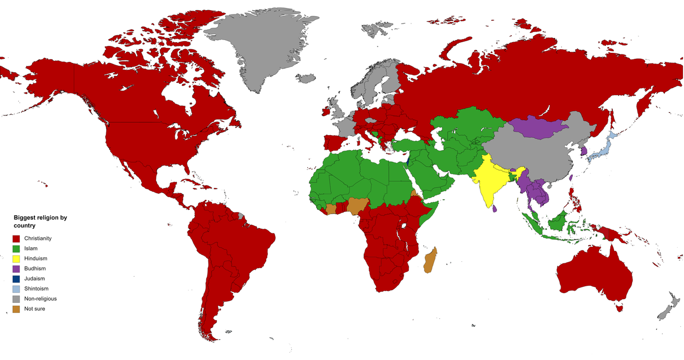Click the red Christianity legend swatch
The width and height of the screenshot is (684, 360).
pos(16,239)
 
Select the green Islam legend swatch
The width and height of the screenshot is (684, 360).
pos(16,249)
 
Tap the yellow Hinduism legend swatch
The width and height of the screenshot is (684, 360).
pos(16,259)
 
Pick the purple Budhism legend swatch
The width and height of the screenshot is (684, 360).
pos(16,269)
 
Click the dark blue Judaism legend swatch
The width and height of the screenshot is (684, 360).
pos(16,279)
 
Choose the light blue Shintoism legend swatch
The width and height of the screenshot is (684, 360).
pos(16,289)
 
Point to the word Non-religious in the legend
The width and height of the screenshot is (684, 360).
pos(40,299)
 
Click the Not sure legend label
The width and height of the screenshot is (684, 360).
pos(35,309)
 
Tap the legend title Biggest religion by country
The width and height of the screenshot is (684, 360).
pos(40,222)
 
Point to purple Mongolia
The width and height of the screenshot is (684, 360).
pos(540,128)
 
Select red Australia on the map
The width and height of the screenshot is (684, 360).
pos(588,272)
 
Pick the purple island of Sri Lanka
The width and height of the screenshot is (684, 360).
pos(494,209)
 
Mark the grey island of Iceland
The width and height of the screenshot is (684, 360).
pos(306,79)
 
